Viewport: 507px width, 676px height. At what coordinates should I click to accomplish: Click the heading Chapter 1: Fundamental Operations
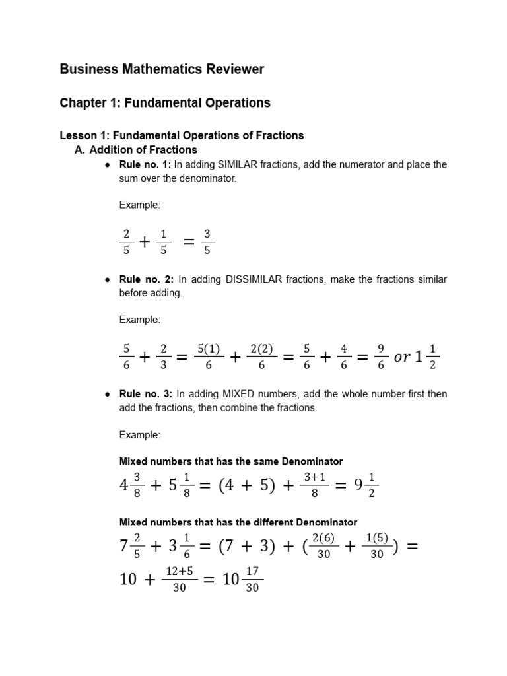165,103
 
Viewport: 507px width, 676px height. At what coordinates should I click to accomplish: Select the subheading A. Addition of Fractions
136,150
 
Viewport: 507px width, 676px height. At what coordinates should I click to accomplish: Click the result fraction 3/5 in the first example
207,242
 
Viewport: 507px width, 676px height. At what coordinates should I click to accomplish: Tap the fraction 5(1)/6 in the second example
209,356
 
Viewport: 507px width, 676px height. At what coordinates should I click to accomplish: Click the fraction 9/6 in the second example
381,356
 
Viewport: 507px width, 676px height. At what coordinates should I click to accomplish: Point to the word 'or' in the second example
402,357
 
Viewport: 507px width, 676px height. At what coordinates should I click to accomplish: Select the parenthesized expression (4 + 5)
239,486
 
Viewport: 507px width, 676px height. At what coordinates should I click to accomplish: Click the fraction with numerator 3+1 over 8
315,485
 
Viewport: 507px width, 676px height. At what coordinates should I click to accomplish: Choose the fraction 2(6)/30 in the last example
323,547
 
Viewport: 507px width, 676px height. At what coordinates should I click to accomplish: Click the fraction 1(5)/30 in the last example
377,547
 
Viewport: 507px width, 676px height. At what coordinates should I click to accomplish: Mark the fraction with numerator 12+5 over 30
180,580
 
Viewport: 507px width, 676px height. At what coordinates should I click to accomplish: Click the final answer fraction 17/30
252,580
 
